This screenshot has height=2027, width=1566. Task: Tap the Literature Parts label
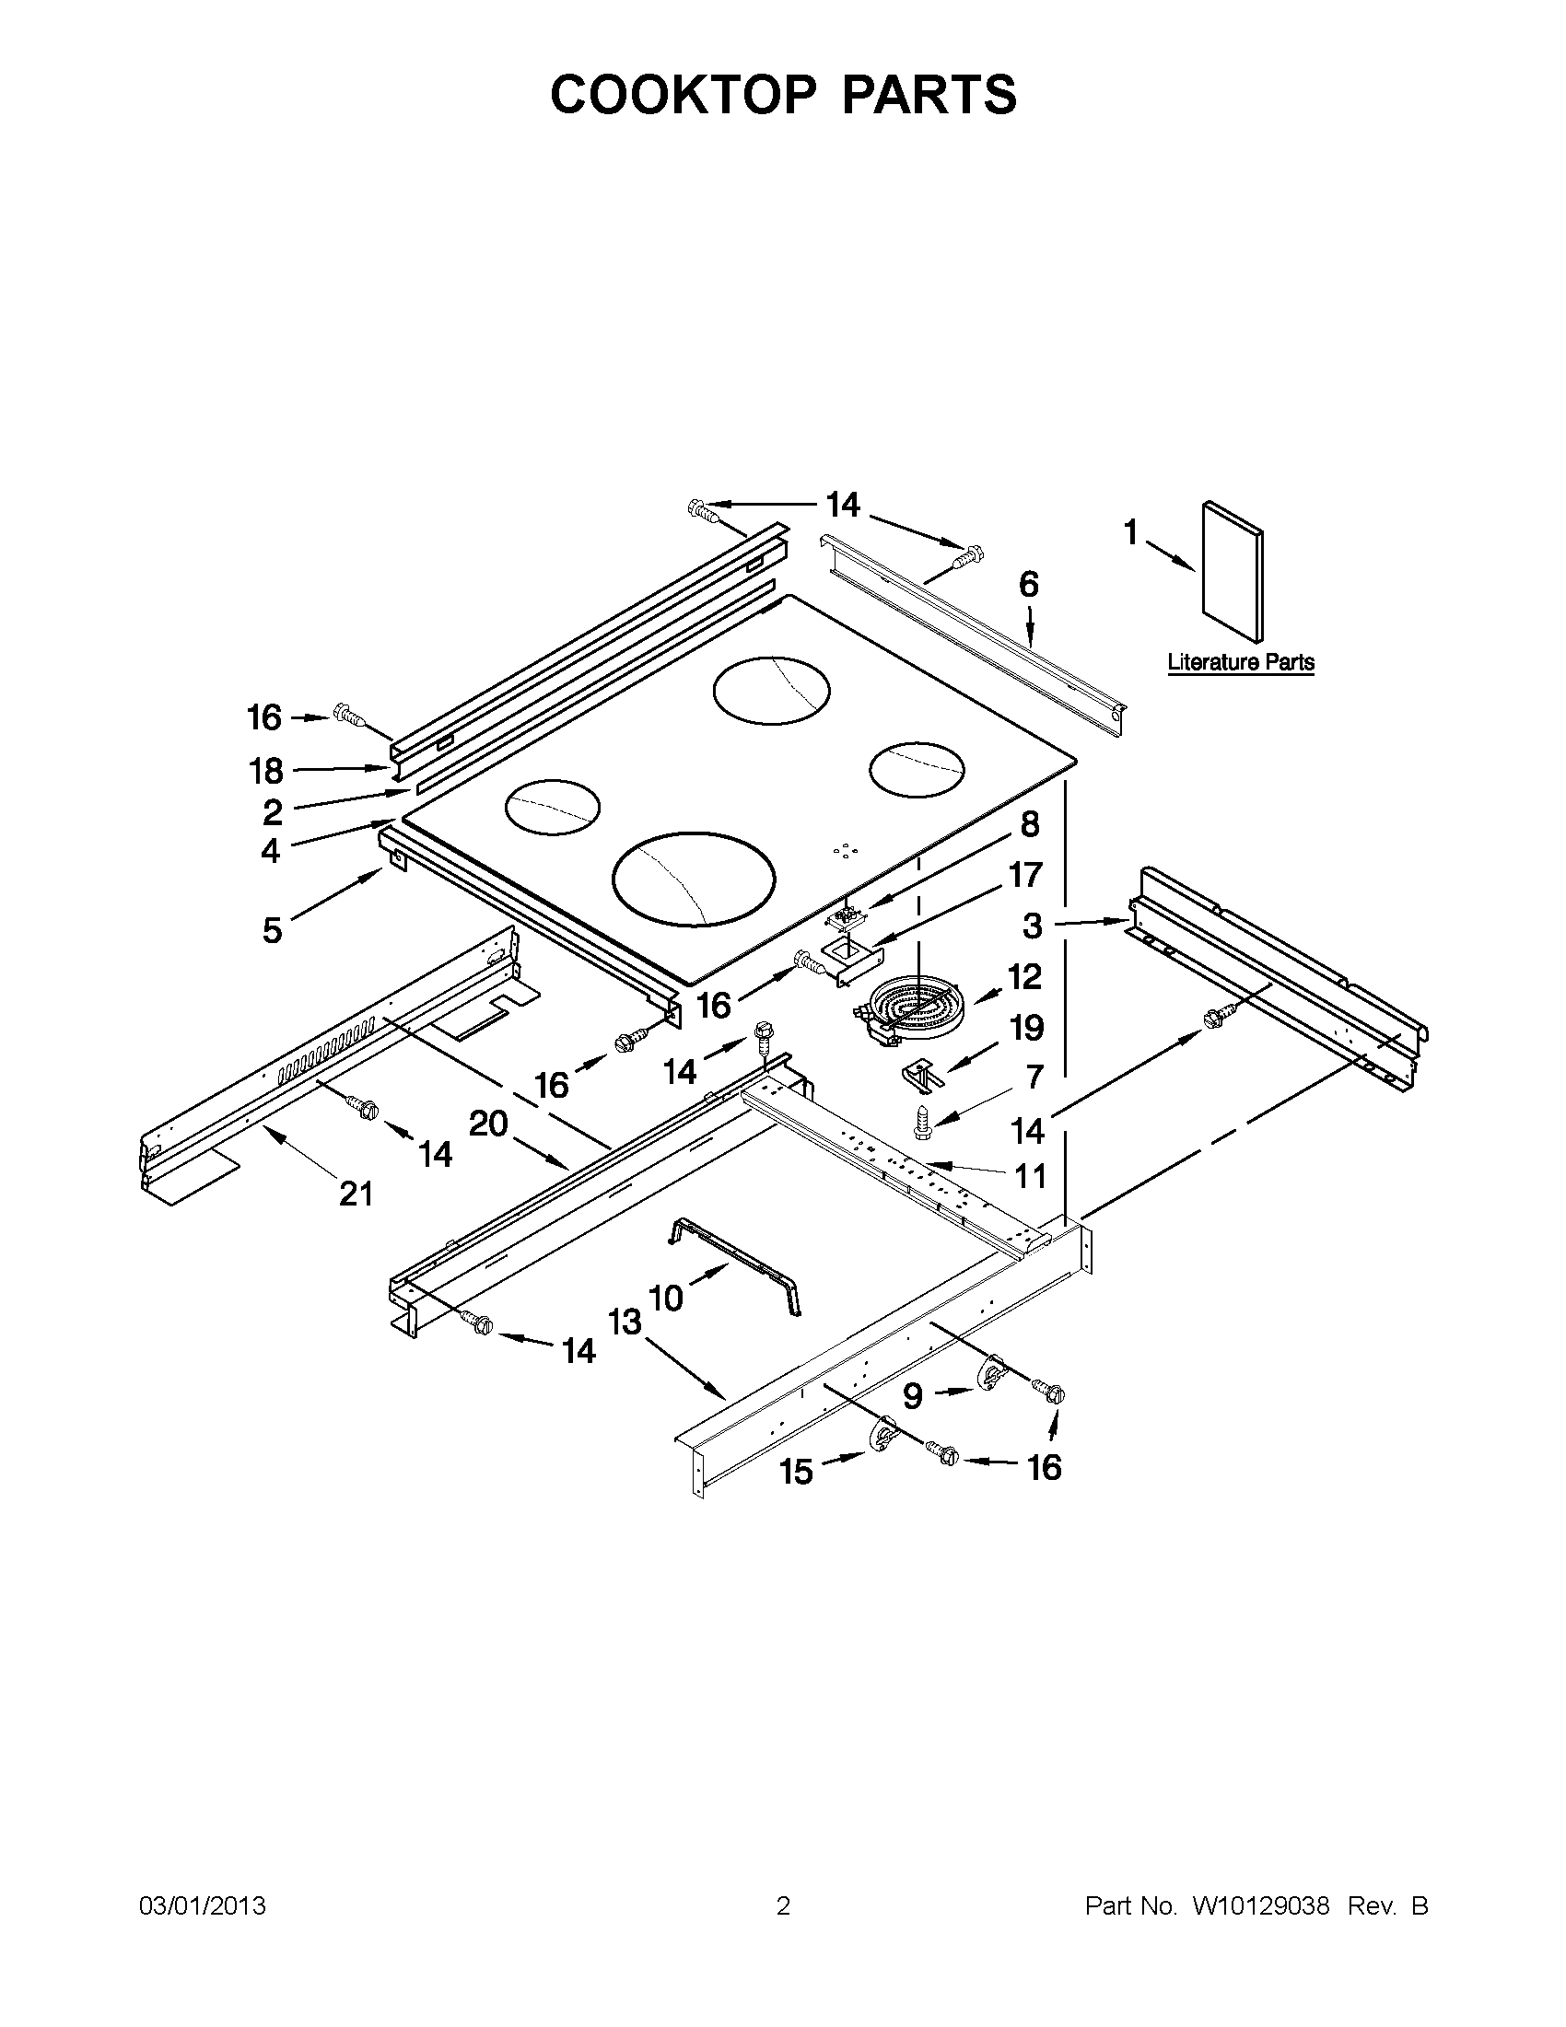[1240, 662]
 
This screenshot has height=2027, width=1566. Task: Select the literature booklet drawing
[1232, 573]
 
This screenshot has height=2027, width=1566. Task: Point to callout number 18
[266, 770]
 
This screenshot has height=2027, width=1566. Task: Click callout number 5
[271, 929]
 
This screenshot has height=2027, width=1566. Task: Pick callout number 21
[356, 1194]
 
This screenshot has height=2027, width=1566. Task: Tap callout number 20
[488, 1124]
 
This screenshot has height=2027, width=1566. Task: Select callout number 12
[1025, 976]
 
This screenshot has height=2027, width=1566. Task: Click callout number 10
[667, 1298]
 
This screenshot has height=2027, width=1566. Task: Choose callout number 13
[625, 1322]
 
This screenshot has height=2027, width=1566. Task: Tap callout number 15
[797, 1472]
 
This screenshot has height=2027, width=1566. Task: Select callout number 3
[1033, 926]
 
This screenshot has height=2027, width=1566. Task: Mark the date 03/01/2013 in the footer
[203, 1905]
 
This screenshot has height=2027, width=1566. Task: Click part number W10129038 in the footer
[1260, 1905]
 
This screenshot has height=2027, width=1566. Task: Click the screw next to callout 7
[922, 1121]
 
